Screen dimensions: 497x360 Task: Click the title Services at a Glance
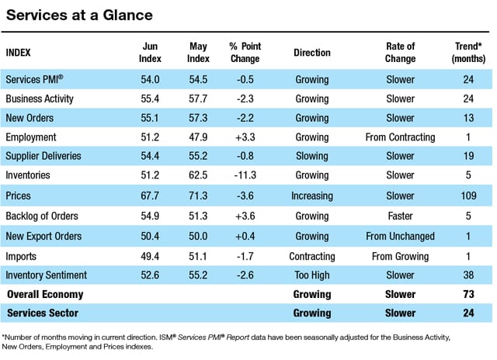(x=79, y=15)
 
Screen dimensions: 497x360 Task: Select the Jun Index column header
(x=150, y=52)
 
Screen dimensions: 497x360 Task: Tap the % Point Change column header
(x=245, y=52)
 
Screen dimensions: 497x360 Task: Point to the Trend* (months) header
(x=468, y=52)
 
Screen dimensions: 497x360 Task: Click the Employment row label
(x=31, y=137)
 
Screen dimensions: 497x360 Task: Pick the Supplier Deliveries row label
(x=43, y=156)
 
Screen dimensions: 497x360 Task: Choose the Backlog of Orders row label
(x=42, y=216)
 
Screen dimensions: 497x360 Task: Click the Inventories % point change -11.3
(x=245, y=175)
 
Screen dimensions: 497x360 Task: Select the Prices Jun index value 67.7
(x=150, y=196)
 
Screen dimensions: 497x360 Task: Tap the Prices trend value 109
(x=468, y=196)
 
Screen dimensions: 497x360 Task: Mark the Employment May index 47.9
(x=198, y=137)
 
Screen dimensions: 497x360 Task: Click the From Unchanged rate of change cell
(x=400, y=236)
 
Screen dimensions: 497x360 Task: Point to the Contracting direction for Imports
(x=312, y=257)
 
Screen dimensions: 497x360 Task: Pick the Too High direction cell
(x=312, y=275)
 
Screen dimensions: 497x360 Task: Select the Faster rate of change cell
(x=400, y=216)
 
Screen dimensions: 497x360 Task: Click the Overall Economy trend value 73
(x=468, y=294)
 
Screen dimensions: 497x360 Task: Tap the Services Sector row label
(x=43, y=313)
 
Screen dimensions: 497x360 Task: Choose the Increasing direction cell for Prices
(x=312, y=196)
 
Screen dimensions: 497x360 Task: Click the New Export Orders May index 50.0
(x=198, y=236)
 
